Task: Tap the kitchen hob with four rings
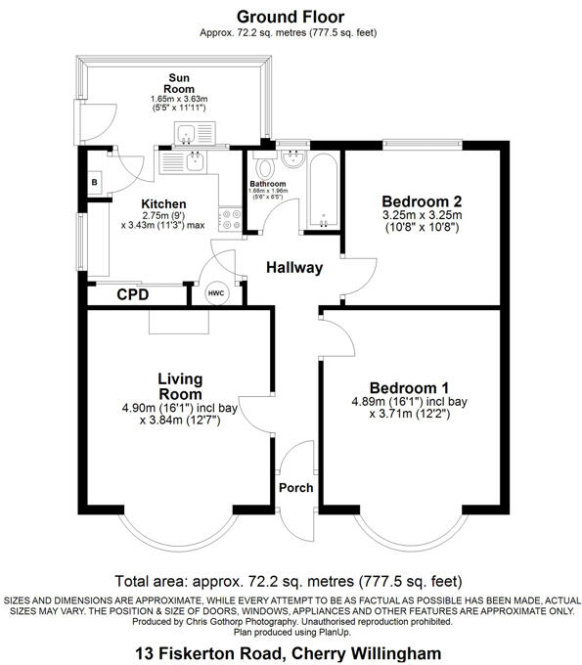pyautogui.click(x=231, y=221)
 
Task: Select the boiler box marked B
pyautogui.click(x=95, y=183)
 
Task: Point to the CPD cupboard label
pyautogui.click(x=134, y=294)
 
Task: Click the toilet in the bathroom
pyautogui.click(x=261, y=163)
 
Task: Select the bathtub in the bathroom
pyautogui.click(x=322, y=191)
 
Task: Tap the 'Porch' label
pyautogui.click(x=295, y=487)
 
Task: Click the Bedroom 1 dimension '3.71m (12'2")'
pyautogui.click(x=410, y=414)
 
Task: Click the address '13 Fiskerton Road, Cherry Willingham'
pyautogui.click(x=290, y=652)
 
